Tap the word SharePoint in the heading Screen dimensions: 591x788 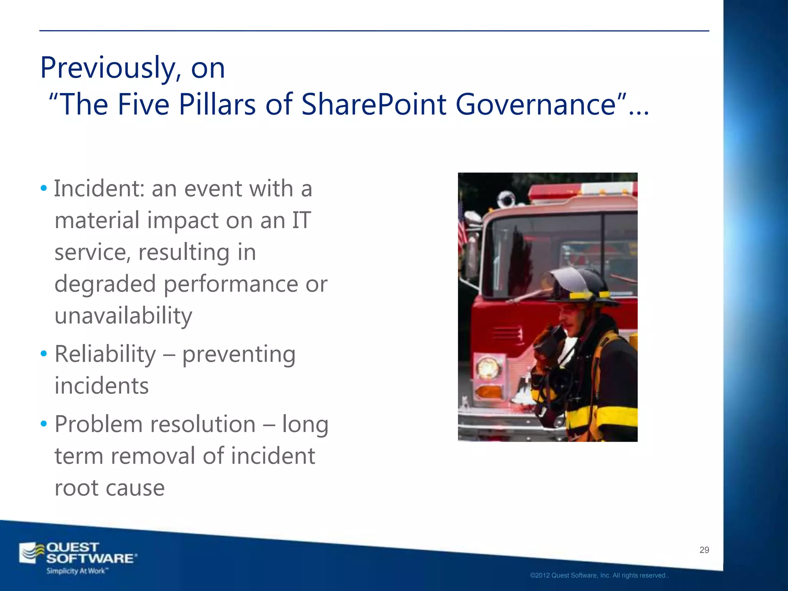tap(373, 105)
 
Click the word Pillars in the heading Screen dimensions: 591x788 tap(217, 105)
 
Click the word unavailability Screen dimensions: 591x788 tap(123, 316)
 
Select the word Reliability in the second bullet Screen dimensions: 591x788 tap(105, 354)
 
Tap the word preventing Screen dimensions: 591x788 tap(239, 355)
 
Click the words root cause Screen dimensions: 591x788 tap(110, 488)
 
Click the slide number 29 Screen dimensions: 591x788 tap(704, 550)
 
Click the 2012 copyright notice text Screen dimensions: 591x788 tap(599, 576)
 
